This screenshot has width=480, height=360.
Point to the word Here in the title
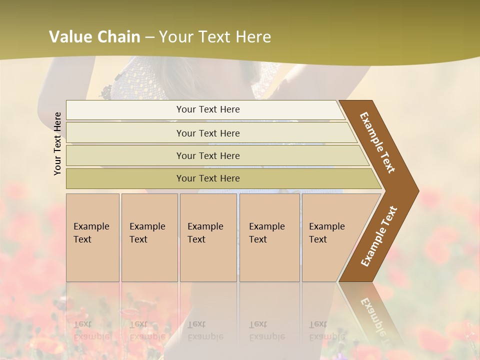252,37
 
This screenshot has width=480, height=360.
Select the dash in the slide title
149,37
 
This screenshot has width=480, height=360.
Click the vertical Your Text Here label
57,143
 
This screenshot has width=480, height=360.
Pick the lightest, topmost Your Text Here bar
207,109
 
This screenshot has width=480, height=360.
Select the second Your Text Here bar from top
207,133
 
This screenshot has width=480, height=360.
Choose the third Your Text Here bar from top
207,155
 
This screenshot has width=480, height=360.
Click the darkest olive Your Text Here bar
207,178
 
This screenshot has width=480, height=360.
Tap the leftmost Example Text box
92,237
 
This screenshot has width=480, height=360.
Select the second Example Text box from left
149,237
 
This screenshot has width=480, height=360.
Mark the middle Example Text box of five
208,237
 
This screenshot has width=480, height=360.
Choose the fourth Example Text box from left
269,237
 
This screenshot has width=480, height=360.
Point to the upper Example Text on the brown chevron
377,142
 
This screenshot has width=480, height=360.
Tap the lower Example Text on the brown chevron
379,236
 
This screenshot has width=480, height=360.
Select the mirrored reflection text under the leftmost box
91,330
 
